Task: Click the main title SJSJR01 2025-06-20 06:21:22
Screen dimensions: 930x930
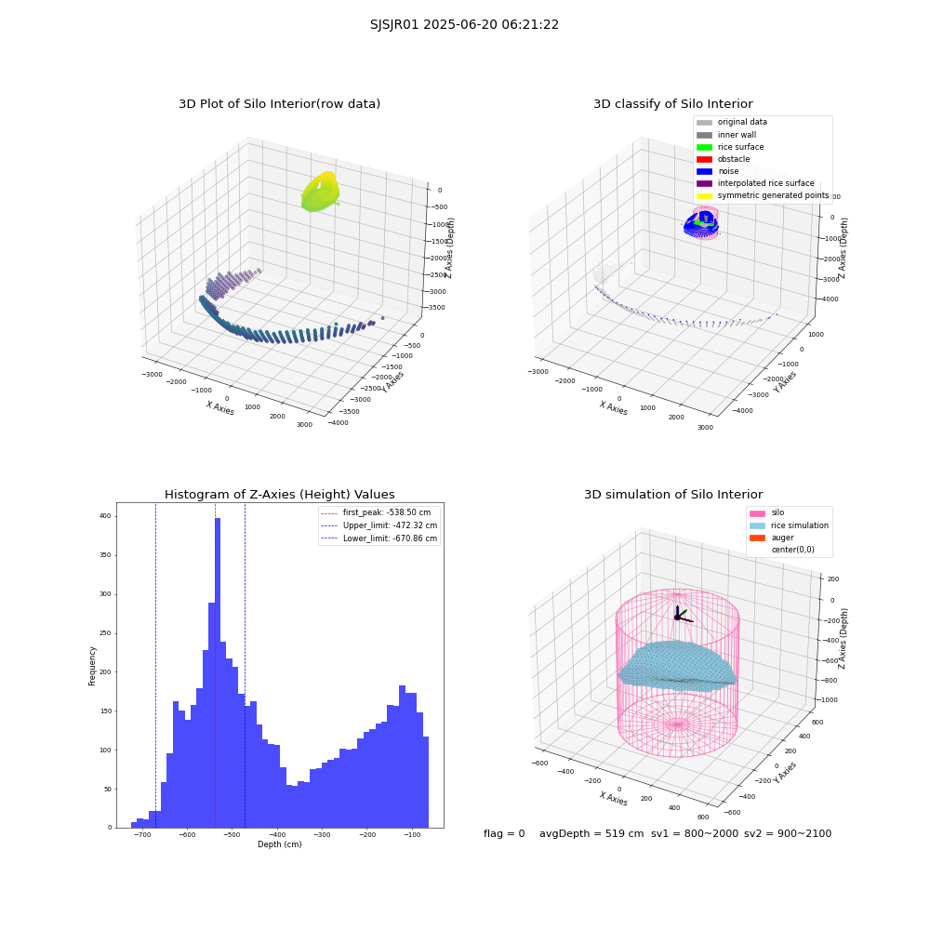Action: point(464,24)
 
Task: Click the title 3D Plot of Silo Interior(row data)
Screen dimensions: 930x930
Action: point(279,104)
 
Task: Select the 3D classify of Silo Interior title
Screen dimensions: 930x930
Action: point(673,104)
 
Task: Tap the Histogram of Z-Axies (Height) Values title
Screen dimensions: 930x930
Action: point(279,494)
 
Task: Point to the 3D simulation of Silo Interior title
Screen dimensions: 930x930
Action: point(673,494)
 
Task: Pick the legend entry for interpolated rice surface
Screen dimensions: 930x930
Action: point(755,183)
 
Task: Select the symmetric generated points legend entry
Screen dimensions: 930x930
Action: point(763,195)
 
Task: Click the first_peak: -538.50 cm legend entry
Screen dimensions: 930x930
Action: point(376,512)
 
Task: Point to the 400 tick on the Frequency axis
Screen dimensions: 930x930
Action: point(105,516)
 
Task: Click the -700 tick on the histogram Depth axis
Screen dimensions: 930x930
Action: point(141,834)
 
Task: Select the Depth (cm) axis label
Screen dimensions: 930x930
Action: point(280,844)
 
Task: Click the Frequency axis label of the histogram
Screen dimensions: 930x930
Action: point(92,666)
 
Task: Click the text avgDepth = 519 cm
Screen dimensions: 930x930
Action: point(591,833)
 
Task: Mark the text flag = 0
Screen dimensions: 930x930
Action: point(504,833)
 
